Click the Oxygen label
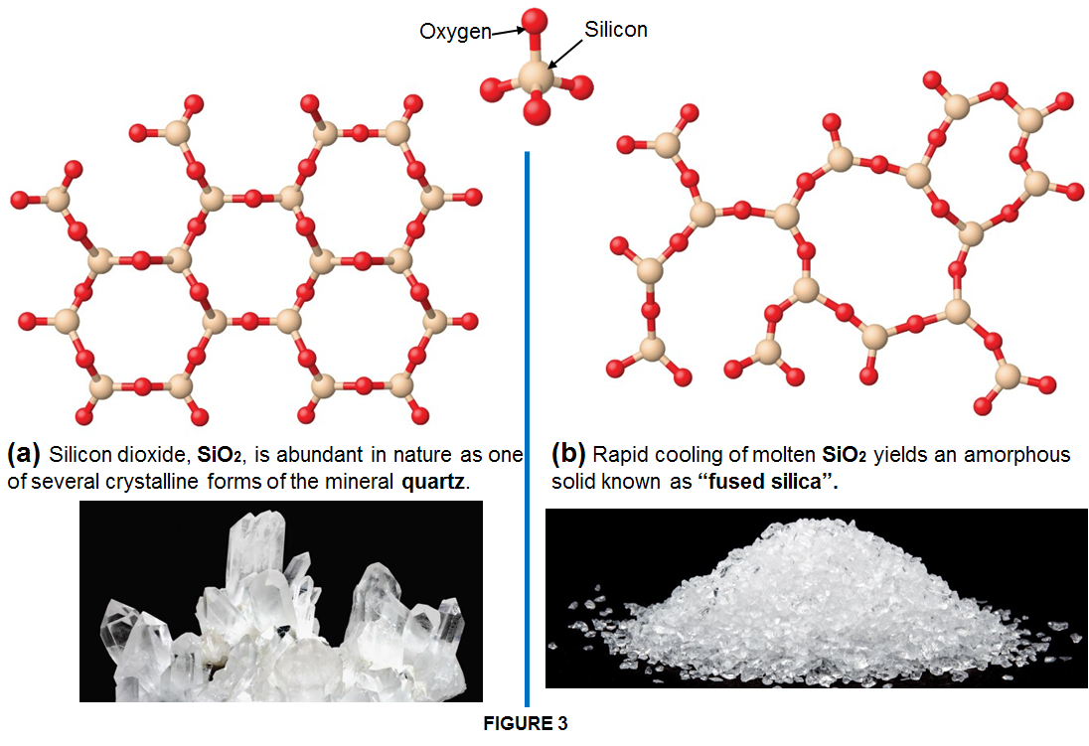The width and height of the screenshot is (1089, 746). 456,32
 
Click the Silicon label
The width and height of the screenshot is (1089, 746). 616,29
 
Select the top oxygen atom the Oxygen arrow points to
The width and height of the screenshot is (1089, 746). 535,22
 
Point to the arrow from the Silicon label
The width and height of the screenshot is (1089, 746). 565,55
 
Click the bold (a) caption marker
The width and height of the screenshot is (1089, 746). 24,454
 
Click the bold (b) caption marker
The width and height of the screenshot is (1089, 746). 568,454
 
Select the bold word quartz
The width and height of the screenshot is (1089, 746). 432,482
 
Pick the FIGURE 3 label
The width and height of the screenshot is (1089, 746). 526,724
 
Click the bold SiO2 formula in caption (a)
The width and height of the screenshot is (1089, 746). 219,455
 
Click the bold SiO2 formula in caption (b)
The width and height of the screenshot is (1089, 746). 844,455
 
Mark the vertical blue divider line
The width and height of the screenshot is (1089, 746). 528,428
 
